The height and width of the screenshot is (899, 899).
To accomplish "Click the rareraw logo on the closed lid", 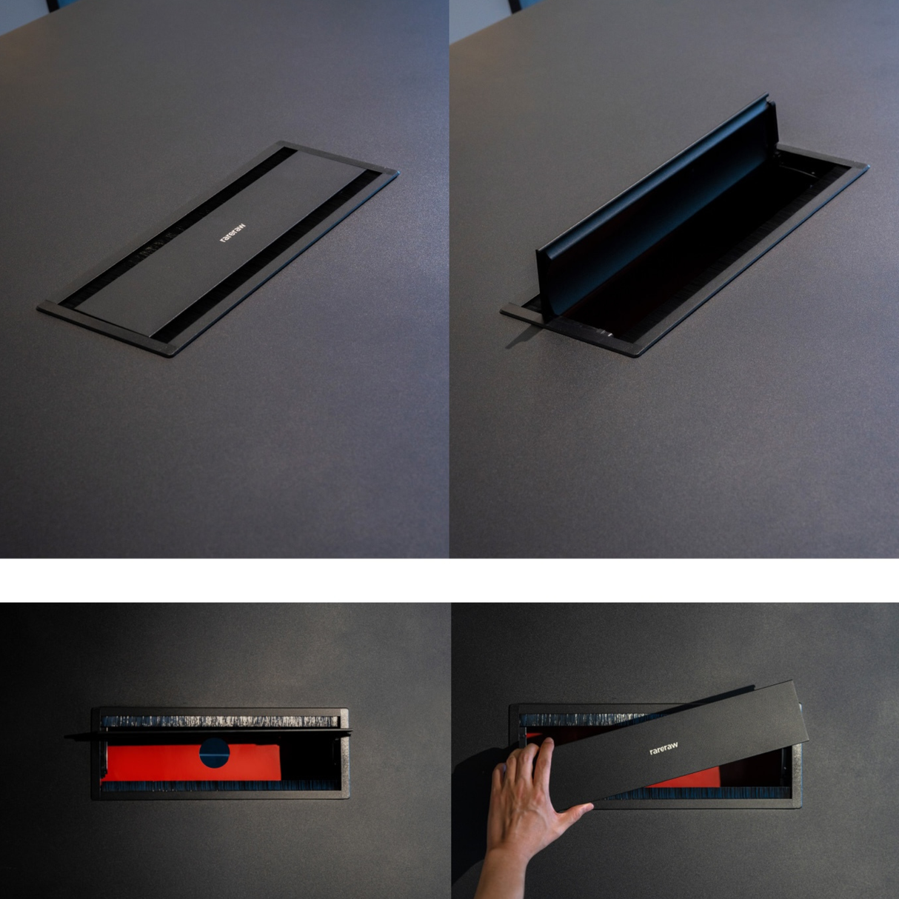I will [x=233, y=233].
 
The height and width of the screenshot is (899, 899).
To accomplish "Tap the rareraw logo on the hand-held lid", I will [x=664, y=749].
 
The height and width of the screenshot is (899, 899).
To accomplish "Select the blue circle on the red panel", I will [x=214, y=753].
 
